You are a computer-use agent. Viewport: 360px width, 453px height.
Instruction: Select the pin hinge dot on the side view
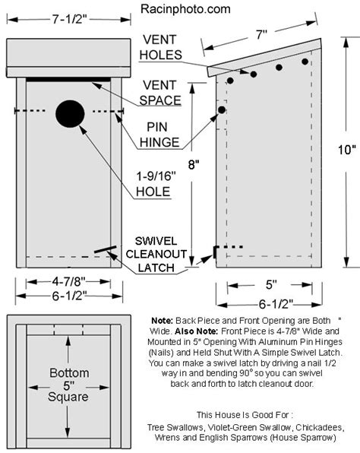pos(222,110)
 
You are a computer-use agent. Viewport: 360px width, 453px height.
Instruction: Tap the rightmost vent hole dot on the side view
pos(305,61)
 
